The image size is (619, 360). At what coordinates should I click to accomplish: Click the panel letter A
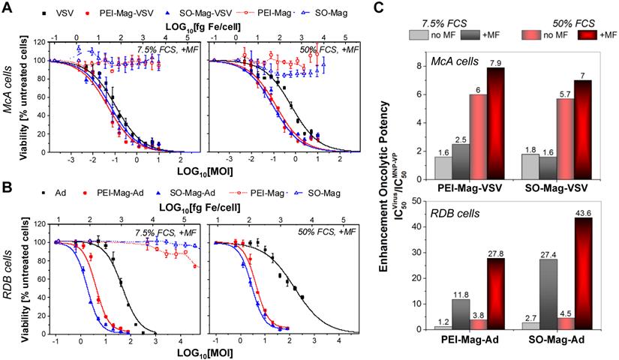8,7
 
